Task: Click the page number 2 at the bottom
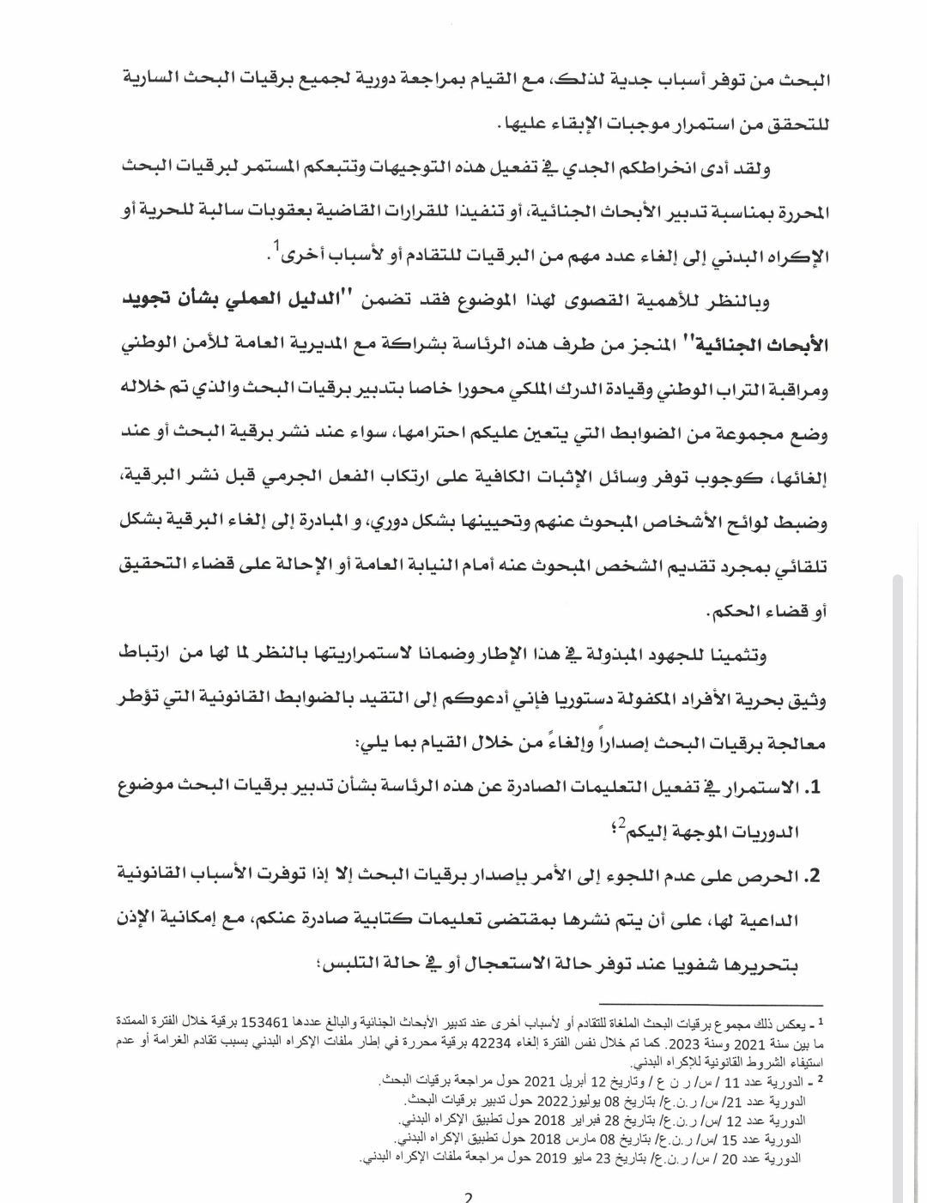(468, 1196)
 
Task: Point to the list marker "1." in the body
(811, 788)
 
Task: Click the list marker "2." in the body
(811, 876)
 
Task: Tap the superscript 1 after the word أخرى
(277, 246)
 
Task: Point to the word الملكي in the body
(518, 391)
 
